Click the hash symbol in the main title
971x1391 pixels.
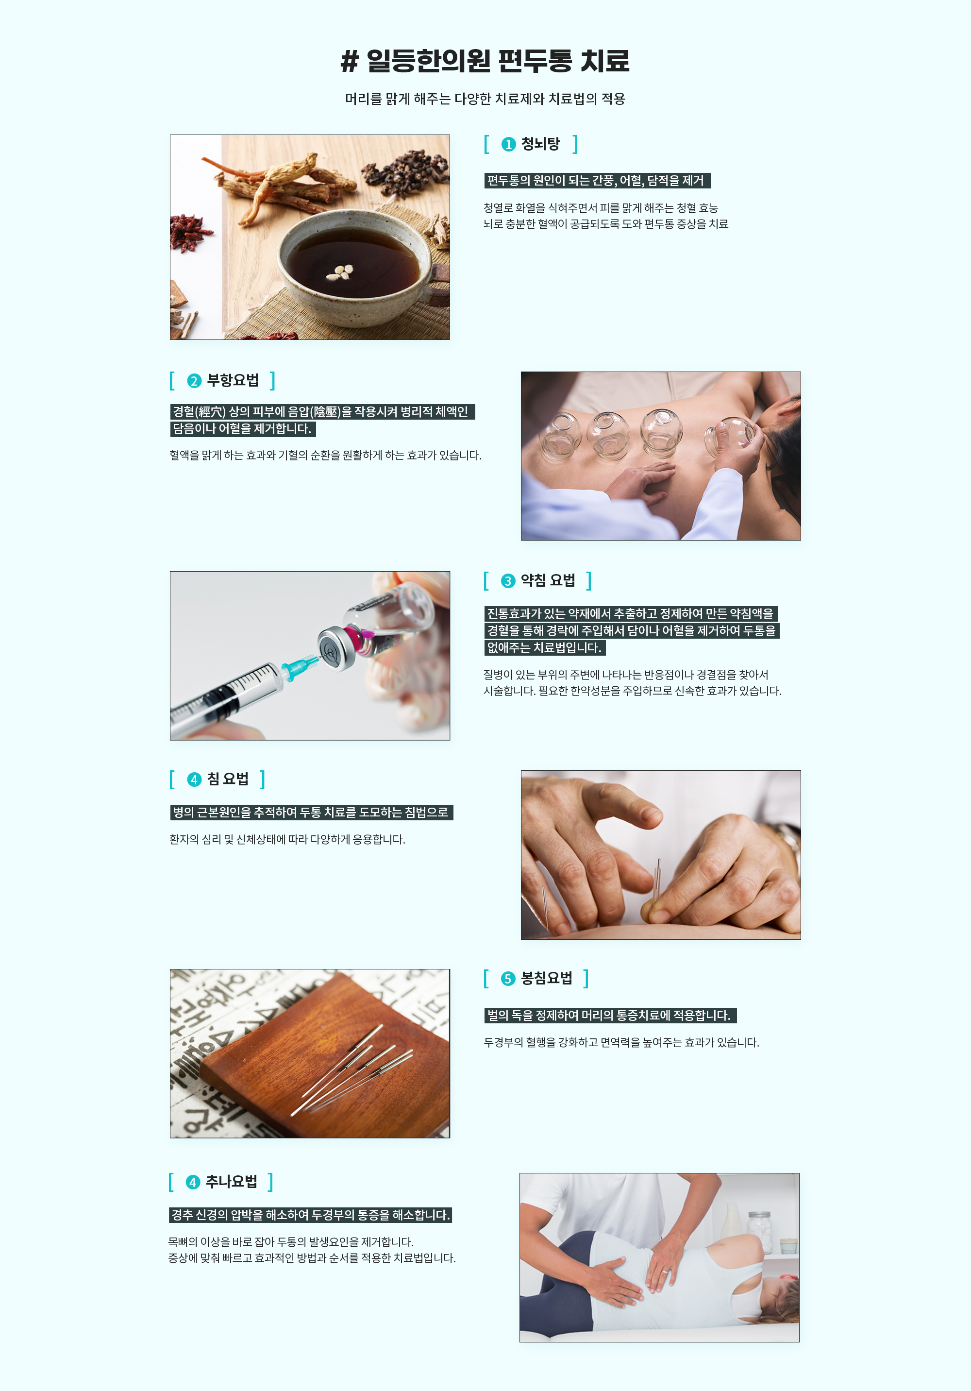coord(350,61)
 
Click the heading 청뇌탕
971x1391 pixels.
coord(540,144)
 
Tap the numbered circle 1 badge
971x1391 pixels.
coord(508,144)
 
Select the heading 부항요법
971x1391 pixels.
coord(233,380)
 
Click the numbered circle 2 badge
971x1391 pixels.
coord(194,380)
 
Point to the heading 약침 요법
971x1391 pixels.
coord(548,580)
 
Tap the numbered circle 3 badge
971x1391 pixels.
coord(508,581)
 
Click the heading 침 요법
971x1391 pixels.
coord(228,779)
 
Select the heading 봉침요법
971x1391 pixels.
coord(546,979)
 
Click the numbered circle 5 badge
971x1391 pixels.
coord(508,979)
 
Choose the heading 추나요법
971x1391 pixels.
coord(232,1181)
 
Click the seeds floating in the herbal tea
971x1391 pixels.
coord(340,272)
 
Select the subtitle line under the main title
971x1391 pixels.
coord(485,99)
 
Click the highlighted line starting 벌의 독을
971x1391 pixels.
coord(609,1016)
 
